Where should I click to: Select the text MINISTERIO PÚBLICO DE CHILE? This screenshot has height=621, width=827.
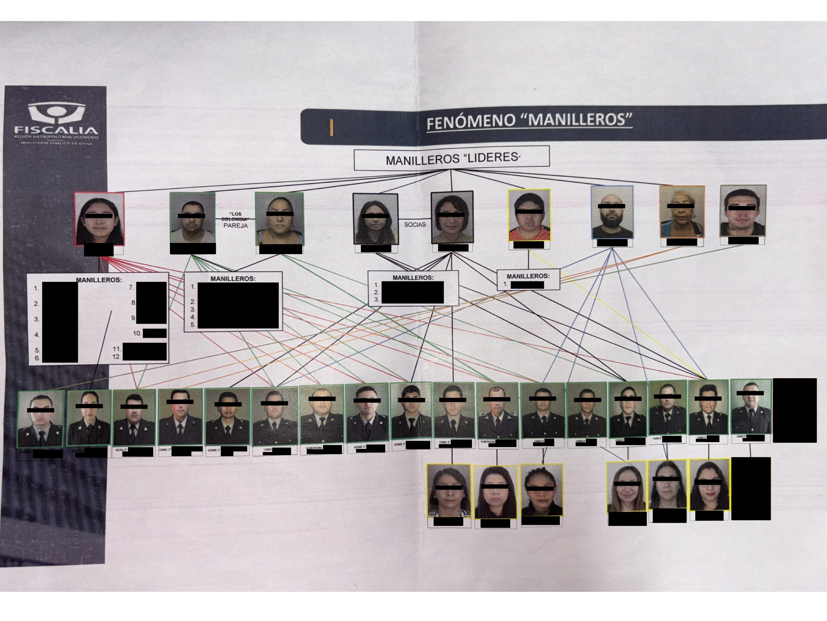(x=56, y=143)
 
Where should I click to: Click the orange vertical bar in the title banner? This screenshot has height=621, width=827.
(x=331, y=127)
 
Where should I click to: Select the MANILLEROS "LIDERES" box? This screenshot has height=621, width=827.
(x=452, y=158)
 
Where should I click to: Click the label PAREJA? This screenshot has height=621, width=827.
(x=236, y=226)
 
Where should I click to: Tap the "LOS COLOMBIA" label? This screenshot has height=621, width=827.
(x=236, y=216)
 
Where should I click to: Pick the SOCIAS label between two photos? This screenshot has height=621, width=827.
(x=414, y=224)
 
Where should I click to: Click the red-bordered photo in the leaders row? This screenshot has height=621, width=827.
(x=99, y=219)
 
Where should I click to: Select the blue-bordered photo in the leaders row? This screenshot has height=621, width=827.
(x=612, y=212)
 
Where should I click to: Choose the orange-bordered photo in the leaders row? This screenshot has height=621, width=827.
(x=682, y=212)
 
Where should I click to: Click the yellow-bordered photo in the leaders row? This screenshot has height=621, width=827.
(x=529, y=215)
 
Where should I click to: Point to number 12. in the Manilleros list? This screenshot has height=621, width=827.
(x=117, y=357)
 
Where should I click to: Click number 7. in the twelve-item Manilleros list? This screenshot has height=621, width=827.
(x=131, y=288)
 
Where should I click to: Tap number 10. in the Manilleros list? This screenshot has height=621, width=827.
(x=137, y=333)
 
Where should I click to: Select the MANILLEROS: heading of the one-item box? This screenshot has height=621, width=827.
(x=528, y=276)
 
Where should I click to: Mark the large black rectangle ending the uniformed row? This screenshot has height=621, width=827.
(x=794, y=410)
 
